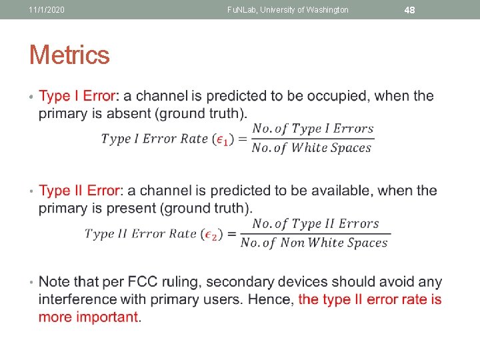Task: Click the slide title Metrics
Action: tap(69, 55)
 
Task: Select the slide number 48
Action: tap(410, 10)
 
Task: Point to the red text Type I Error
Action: tap(77, 96)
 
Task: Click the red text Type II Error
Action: tap(79, 191)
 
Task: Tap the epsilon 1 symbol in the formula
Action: tap(224, 139)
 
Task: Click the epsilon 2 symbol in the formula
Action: tap(211, 234)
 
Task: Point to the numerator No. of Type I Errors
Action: tap(313, 129)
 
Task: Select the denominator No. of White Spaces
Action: tap(311, 148)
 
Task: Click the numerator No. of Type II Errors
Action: tap(315, 224)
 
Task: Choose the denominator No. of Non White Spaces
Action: tap(314, 243)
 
